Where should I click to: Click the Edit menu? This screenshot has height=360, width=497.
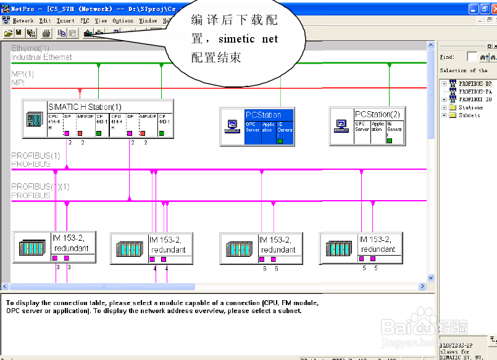click(x=45, y=20)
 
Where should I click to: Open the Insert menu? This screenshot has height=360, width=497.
click(x=65, y=20)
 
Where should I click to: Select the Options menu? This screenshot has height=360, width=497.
click(x=123, y=20)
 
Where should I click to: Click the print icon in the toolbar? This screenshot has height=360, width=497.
click(x=46, y=32)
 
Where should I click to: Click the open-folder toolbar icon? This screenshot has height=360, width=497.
click(x=8, y=32)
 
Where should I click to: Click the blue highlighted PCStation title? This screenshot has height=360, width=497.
click(x=263, y=115)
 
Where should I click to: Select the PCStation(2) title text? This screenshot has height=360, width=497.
click(x=377, y=114)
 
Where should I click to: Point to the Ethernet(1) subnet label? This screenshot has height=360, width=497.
click(x=30, y=48)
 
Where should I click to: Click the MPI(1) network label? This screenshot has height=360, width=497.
click(x=22, y=73)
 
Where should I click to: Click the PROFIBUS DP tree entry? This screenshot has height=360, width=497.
click(x=475, y=83)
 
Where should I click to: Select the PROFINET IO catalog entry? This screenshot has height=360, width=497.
click(x=475, y=99)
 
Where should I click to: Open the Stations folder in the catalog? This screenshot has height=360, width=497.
click(x=470, y=107)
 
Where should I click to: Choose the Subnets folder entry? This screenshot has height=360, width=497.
click(x=469, y=115)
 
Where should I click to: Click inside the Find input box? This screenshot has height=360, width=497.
click(x=472, y=57)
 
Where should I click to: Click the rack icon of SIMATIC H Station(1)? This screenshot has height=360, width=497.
click(x=35, y=119)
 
